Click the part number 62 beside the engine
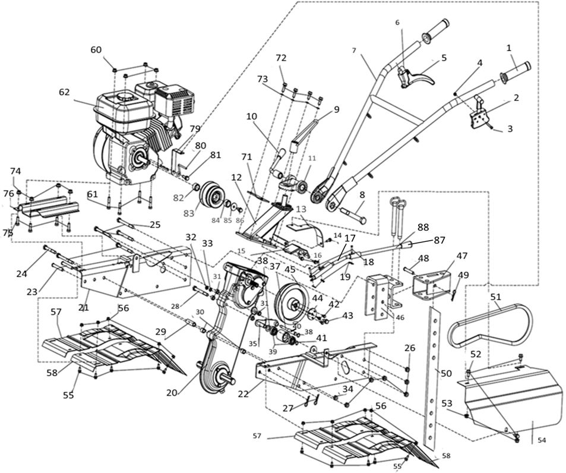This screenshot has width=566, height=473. pyautogui.click(x=64, y=93)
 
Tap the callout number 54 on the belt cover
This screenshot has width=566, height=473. pyautogui.click(x=541, y=440)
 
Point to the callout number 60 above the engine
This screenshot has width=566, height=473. pyautogui.click(x=96, y=50)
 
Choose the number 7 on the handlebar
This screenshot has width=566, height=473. pyautogui.click(x=353, y=51)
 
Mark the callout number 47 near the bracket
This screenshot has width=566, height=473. pyautogui.click(x=461, y=256)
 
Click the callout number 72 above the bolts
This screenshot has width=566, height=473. pyautogui.click(x=281, y=58)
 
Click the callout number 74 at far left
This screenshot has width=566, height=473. pyautogui.click(x=15, y=171)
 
